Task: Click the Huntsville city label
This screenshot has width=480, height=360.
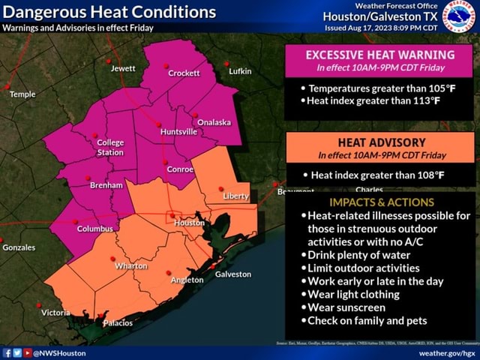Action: pos(178,131)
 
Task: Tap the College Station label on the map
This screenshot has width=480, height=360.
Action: pos(110,147)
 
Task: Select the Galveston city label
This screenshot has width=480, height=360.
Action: pos(232,274)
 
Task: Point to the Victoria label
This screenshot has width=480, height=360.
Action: pos(55,312)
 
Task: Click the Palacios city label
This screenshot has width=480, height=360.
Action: pos(117,322)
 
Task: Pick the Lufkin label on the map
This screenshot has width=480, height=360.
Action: pos(240,71)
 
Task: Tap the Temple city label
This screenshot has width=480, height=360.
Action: pos(22,94)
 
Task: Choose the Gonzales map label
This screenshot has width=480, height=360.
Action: pos(19,247)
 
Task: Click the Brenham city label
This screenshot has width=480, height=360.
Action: pos(106,184)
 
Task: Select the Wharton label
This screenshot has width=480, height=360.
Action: pos(130,265)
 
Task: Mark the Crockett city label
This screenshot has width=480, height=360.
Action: pos(184,73)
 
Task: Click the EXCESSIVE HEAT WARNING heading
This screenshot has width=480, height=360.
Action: pos(379,55)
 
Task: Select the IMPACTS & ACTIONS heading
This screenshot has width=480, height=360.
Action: pos(381,202)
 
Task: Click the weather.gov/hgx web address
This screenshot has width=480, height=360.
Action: pos(447,352)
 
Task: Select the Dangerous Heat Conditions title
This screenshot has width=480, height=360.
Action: pos(109,13)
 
